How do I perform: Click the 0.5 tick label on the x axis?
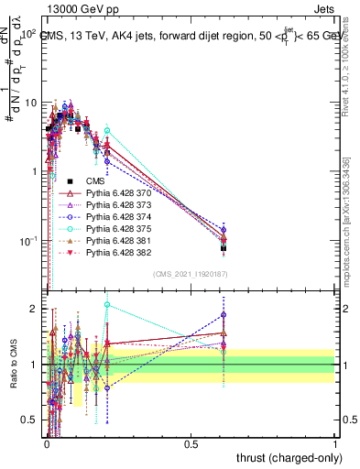[x=191, y=442]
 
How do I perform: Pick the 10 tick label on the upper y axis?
[x=29, y=102]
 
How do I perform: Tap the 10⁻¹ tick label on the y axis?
[x=27, y=241]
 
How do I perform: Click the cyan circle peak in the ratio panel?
[x=107, y=305]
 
